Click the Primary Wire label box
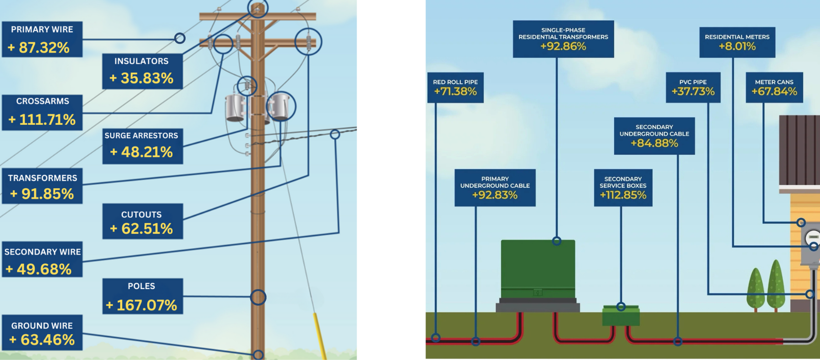[42, 39]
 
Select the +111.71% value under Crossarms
[42, 120]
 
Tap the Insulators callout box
[142, 71]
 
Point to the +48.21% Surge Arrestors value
[142, 152]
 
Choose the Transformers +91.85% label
[42, 186]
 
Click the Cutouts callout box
[142, 221]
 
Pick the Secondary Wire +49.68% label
[42, 260]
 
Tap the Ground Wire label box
[42, 333]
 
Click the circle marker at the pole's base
[258, 355]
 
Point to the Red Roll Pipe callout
[455, 87]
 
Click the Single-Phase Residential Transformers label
[563, 39]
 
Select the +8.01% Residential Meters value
[737, 46]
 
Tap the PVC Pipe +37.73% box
[693, 87]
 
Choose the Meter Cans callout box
[774, 87]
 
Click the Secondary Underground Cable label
[654, 136]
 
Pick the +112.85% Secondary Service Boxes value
[623, 195]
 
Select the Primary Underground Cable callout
[495, 188]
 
